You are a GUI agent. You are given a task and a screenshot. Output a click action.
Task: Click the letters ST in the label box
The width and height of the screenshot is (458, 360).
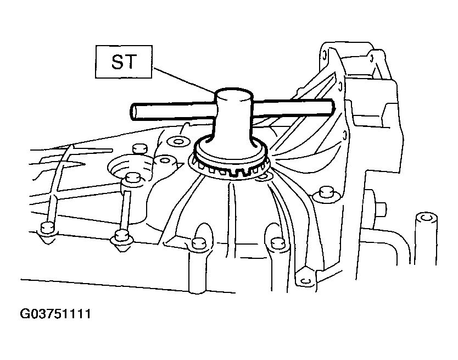point(124,62)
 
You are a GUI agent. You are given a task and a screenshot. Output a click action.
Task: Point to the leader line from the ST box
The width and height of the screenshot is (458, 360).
point(185,80)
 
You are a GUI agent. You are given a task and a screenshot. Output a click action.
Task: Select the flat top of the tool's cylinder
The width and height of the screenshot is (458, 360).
point(234,95)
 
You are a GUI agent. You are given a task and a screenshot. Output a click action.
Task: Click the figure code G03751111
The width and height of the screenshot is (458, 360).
point(55,314)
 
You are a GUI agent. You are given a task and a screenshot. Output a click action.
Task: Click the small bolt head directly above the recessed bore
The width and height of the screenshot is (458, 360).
point(139,148)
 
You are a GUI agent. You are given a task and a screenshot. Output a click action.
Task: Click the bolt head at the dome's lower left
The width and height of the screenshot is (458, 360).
point(199,243)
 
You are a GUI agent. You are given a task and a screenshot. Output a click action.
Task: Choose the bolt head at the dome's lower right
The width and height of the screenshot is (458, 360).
point(277,243)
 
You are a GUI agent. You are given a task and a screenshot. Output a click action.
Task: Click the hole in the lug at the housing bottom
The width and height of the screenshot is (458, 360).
point(305,281)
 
